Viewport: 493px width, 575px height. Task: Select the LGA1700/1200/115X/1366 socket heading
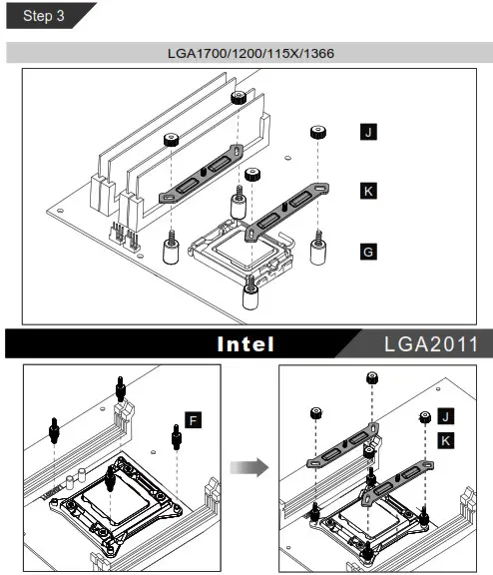pos(247,51)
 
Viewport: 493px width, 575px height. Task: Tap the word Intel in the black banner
pos(246,344)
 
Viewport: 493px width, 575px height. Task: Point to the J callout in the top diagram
pos(368,131)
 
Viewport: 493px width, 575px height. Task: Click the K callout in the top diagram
pos(368,190)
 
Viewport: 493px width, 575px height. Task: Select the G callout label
pos(368,253)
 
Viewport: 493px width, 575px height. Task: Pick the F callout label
pos(193,420)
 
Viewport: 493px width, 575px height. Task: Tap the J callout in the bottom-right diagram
pos(446,416)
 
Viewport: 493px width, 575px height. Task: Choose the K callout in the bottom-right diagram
pos(446,439)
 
